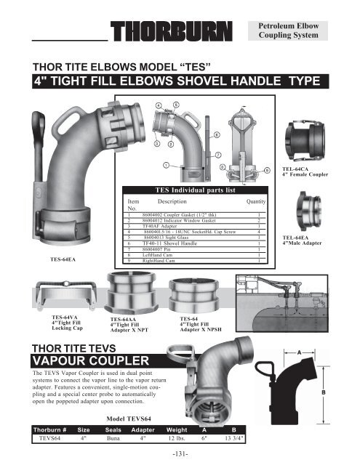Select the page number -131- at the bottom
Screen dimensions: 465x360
180,456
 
